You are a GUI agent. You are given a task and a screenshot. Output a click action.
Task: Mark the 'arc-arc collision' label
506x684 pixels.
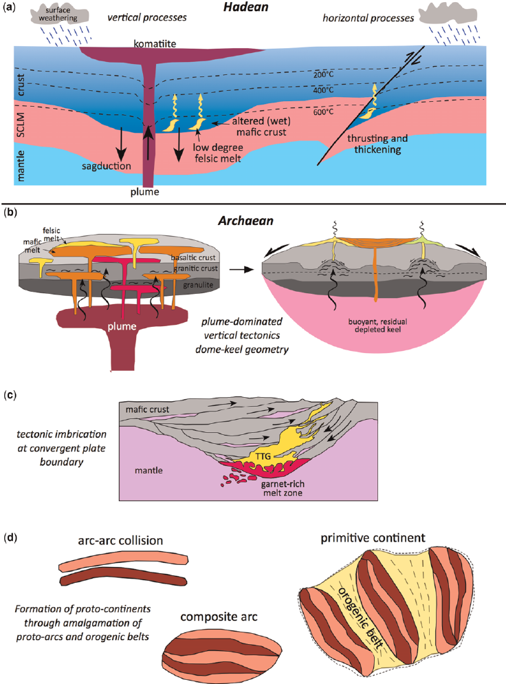[120, 539]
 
